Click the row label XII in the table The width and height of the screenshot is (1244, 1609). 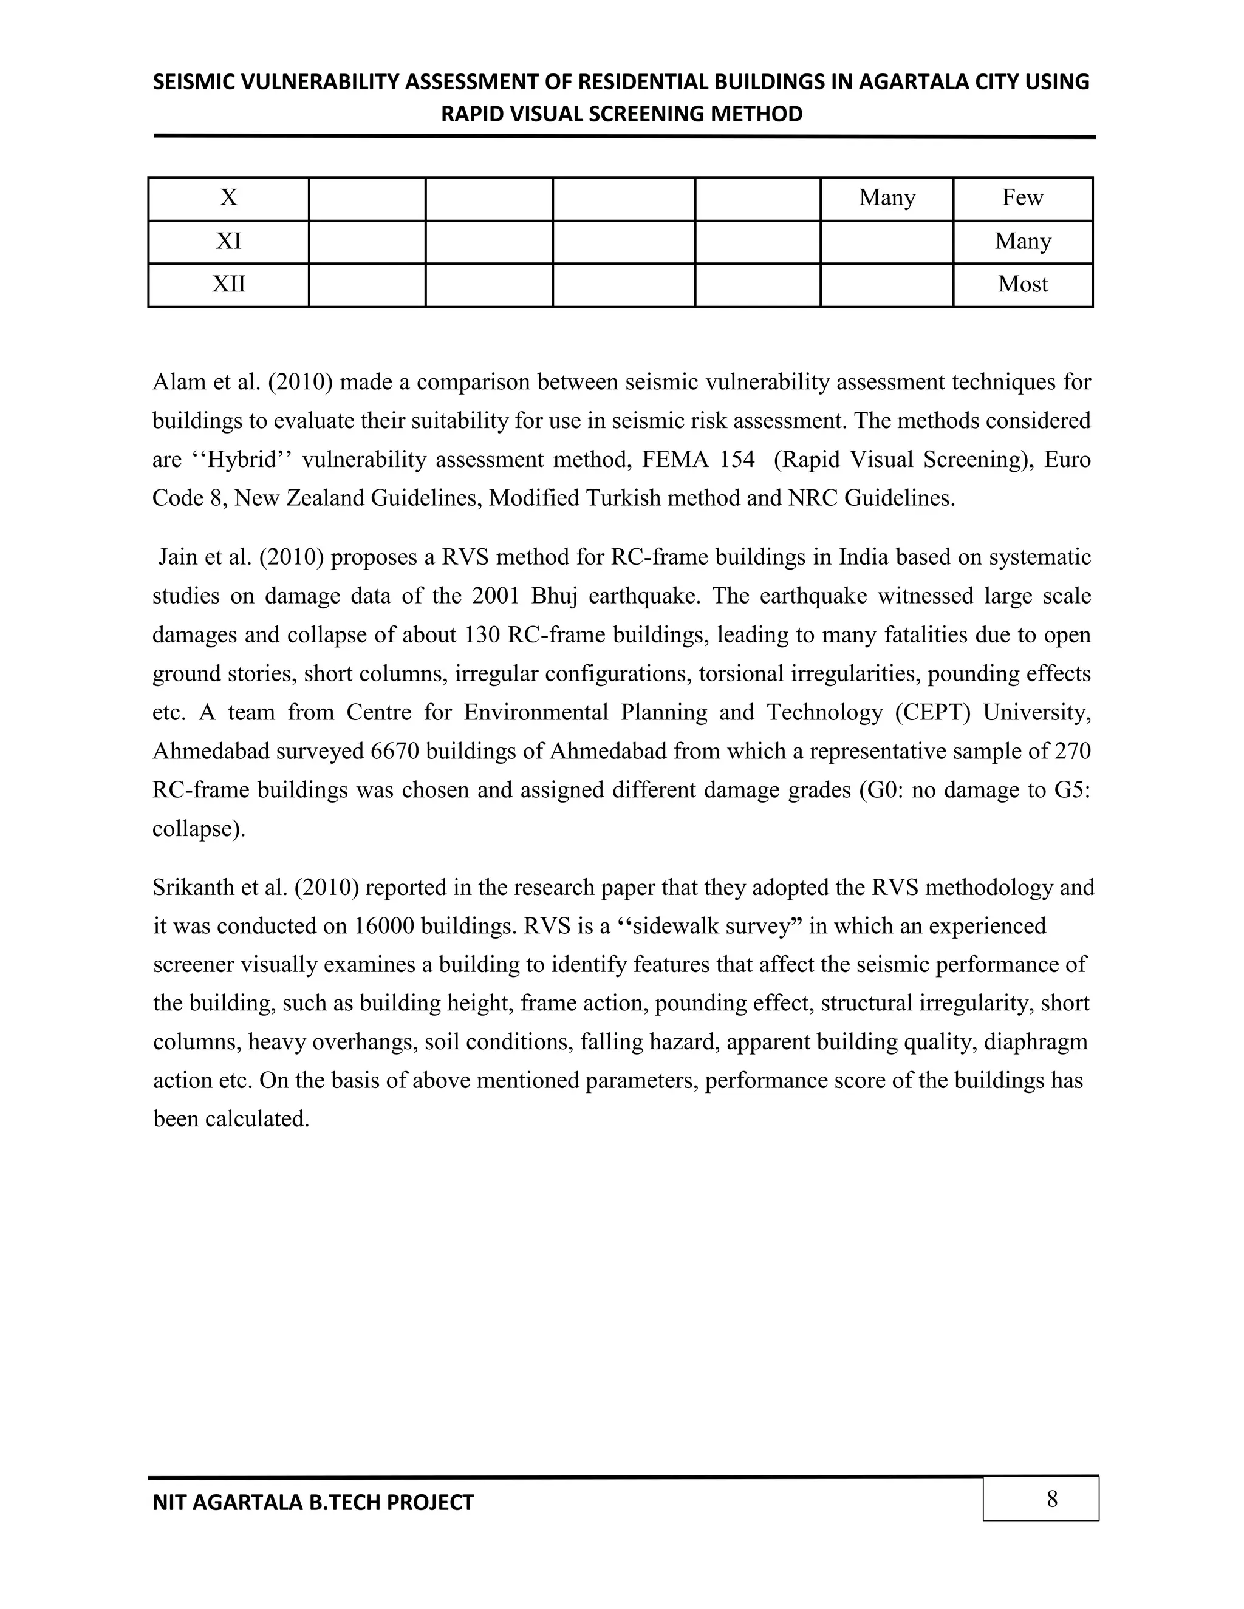[x=228, y=284]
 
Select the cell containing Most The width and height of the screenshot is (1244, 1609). [x=1022, y=284]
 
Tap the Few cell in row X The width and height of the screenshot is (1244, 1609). [x=1022, y=197]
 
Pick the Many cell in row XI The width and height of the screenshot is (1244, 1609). [x=1022, y=241]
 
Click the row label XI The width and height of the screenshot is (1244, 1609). [x=228, y=241]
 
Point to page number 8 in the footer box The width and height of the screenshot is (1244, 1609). [x=1051, y=1498]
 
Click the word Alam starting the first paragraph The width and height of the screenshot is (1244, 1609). [x=176, y=383]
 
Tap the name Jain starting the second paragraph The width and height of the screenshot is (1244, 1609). [x=177, y=557]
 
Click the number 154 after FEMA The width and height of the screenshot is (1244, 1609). [x=737, y=460]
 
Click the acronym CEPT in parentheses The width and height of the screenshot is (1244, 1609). [x=934, y=712]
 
